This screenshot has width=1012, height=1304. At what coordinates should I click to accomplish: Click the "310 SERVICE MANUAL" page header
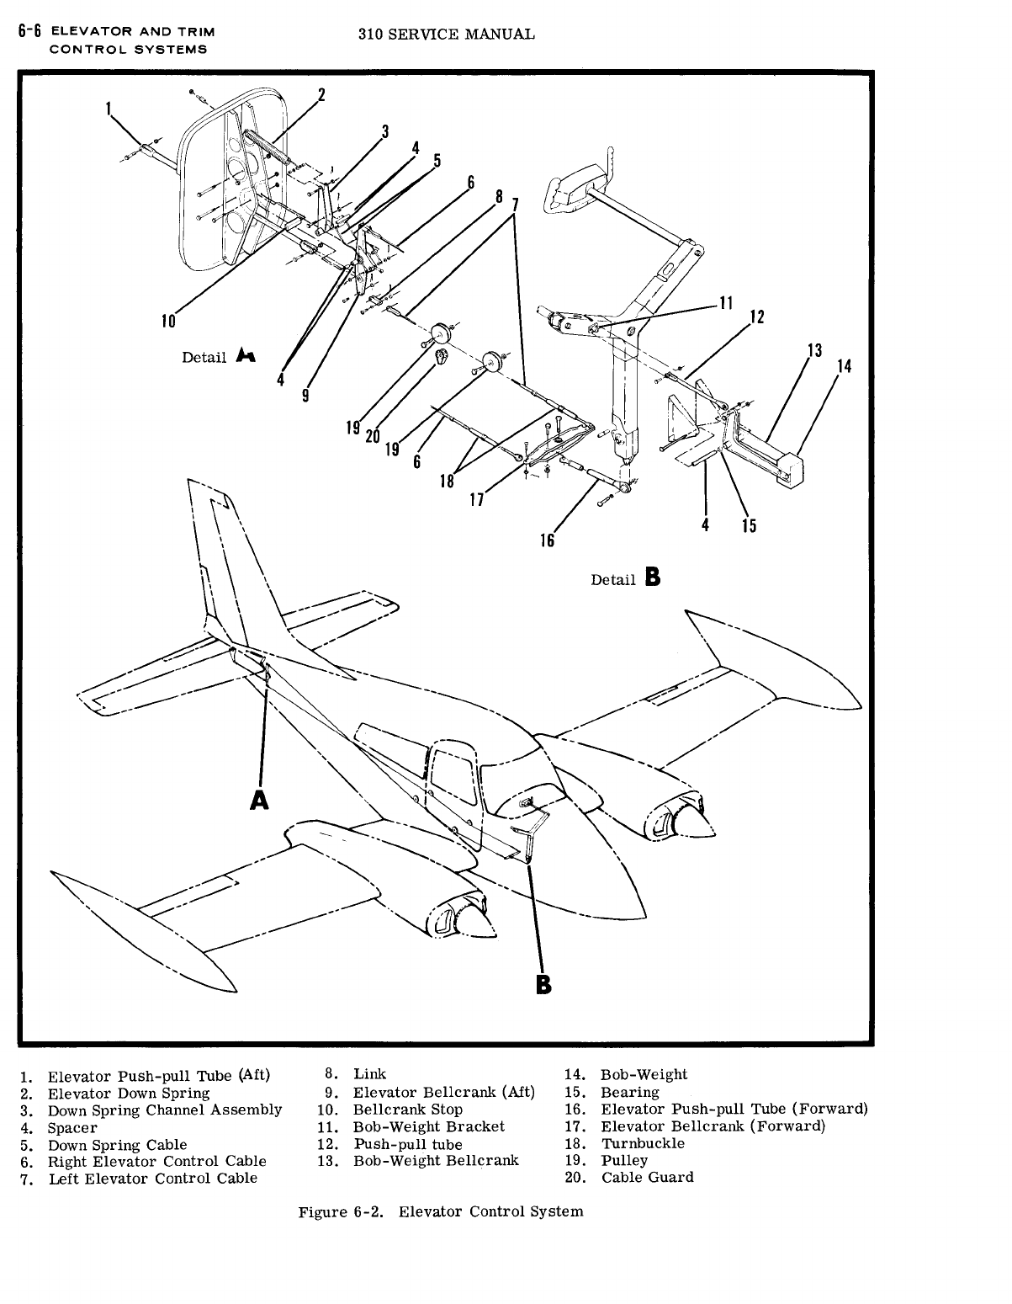446,35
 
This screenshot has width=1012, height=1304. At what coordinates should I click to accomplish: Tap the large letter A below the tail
260,800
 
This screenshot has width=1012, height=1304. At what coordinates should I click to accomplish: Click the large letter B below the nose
544,984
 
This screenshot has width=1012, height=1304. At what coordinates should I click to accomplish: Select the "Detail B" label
626,578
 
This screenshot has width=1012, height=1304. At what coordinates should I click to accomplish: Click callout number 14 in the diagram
844,366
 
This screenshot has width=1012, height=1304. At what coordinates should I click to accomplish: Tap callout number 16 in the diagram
547,540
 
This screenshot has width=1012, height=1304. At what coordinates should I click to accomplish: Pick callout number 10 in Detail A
168,320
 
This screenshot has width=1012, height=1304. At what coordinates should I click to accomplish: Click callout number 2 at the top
321,94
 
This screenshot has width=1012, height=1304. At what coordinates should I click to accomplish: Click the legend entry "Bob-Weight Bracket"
427,1126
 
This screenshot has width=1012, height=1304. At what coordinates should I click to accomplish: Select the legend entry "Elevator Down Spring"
128,1093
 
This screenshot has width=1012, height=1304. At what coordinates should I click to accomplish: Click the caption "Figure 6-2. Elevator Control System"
440,1211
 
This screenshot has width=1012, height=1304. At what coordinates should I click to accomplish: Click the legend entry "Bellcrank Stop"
406,1110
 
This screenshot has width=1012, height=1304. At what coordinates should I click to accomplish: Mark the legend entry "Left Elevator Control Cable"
152,1178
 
